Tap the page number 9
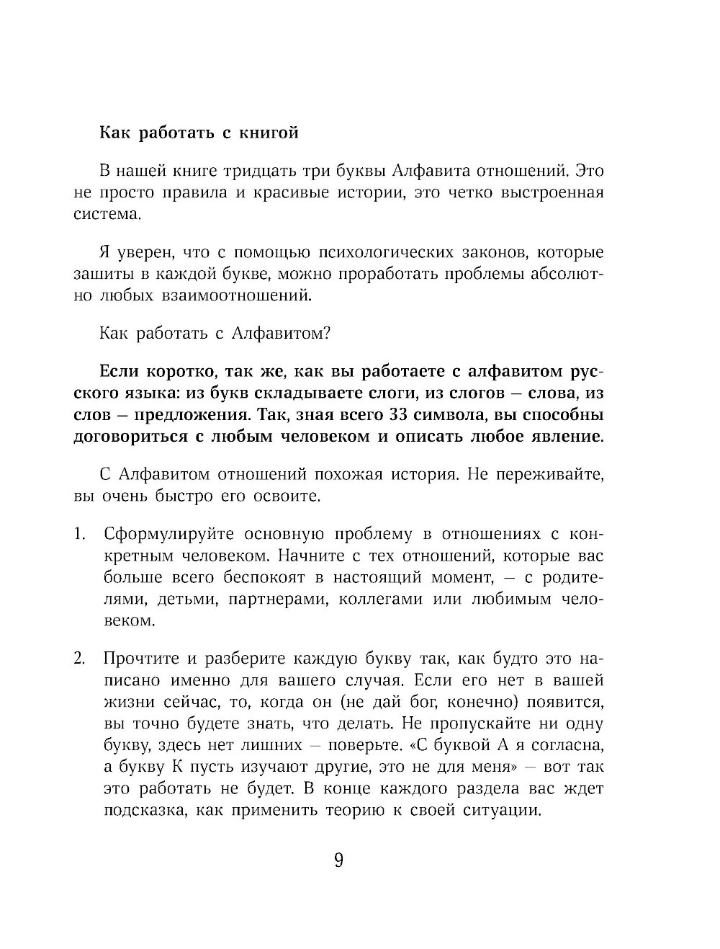point(338,861)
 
